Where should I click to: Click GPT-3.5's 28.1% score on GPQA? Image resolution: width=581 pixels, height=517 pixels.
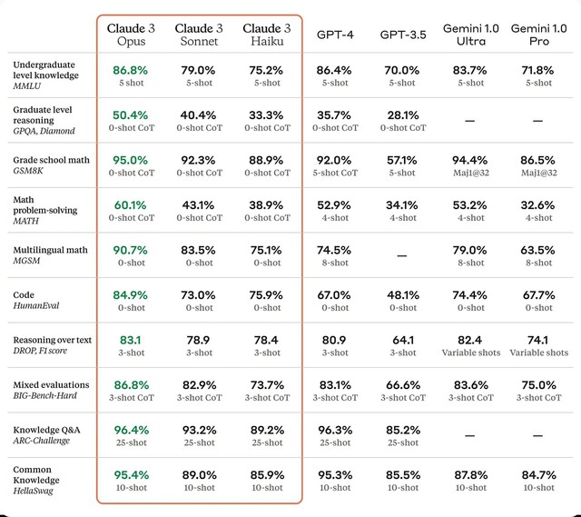pos(402,114)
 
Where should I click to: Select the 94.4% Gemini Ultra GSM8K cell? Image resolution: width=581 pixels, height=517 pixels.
pos(470,160)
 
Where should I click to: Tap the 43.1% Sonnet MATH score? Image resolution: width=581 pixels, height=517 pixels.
pos(200,205)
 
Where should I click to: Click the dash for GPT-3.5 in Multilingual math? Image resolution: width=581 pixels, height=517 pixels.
pos(402,255)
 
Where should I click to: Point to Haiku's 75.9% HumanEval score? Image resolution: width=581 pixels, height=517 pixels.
pos(267,295)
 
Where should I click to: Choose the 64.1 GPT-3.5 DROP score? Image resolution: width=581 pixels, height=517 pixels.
pos(402,340)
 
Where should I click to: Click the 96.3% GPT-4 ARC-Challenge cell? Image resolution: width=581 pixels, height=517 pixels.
pos(335,430)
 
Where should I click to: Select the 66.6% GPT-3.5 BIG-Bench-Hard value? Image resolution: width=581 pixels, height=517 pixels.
pos(402,385)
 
